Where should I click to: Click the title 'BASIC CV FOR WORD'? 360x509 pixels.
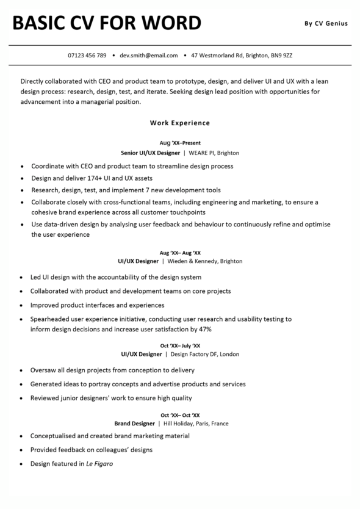107,23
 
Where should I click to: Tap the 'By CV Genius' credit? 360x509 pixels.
326,24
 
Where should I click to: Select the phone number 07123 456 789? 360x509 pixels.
87,56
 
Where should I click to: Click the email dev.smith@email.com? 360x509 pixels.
149,56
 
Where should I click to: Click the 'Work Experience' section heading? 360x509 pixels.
180,123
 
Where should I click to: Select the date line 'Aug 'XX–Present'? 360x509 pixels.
180,143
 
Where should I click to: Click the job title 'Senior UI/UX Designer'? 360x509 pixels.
150,153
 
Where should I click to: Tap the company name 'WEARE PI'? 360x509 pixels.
201,153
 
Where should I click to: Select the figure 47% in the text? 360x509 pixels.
205,329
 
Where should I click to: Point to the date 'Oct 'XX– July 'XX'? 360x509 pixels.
180,345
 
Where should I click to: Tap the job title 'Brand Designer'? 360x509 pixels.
135,423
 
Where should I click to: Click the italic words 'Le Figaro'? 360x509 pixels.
99,464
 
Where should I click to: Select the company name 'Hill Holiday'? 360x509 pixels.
178,423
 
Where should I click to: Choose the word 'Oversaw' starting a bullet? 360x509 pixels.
43,370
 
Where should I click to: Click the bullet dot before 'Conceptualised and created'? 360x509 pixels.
23,436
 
